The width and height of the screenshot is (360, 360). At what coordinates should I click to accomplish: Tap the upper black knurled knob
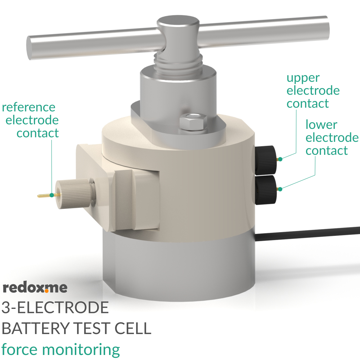click(266, 158)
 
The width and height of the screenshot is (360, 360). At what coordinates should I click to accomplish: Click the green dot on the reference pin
click(52, 195)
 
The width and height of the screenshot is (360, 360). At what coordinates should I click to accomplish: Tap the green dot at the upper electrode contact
click(280, 159)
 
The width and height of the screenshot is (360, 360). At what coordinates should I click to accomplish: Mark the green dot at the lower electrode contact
click(280, 189)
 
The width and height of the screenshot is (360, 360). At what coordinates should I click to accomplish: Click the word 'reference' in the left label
click(29, 107)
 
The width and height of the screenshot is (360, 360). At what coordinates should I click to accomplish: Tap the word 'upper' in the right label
click(303, 78)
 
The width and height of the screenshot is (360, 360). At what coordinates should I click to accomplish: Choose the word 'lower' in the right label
click(321, 125)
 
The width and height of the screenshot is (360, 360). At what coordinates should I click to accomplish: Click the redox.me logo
click(35, 288)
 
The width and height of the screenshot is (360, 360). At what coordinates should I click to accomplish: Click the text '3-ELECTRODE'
click(55, 308)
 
